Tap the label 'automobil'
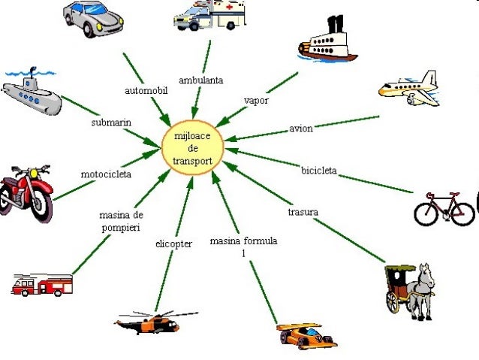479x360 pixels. tap(146, 90)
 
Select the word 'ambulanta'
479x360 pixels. tap(200, 80)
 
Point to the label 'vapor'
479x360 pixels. tap(256, 100)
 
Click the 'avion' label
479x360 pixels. tap(300, 129)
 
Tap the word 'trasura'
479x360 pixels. tap(303, 213)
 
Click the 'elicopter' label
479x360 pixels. tap(174, 244)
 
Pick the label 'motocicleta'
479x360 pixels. tap(106, 174)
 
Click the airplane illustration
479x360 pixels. tap(408, 89)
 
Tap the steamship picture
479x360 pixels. tap(329, 42)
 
